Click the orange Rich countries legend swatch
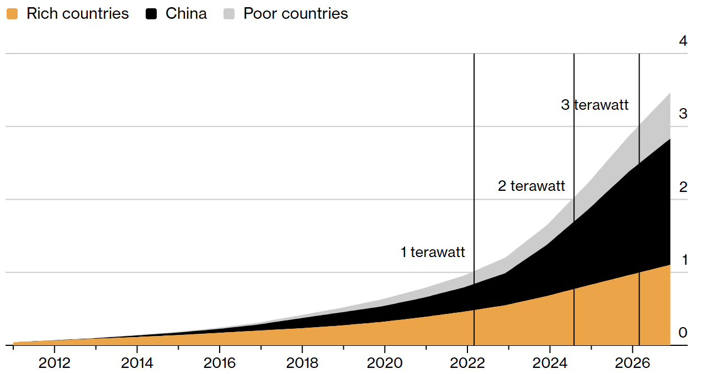coord(12,14)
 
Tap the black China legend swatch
coord(151,14)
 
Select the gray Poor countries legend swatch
coord(229,14)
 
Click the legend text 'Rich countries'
coord(78,14)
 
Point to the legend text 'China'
coord(186,14)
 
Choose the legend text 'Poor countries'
coord(296,14)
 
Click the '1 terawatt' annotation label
coord(433,252)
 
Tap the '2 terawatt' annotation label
coord(531,186)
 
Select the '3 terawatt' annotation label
coord(595,105)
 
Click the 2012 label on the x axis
coord(55,364)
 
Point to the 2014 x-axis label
coord(137,364)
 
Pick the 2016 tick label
coord(220,364)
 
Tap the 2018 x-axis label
coord(302,364)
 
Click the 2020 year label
coord(385,364)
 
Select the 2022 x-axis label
coord(467,364)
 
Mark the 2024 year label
coord(550,364)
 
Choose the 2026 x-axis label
coord(632,364)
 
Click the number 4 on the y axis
coord(683,41)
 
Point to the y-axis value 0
coord(683,333)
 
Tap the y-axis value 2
coord(683,187)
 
